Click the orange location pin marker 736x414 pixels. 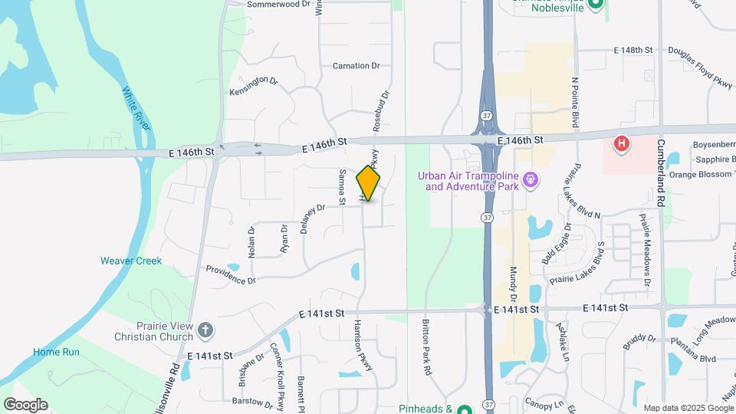pyautogui.click(x=369, y=183)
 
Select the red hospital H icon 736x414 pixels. pyautogui.click(x=623, y=143)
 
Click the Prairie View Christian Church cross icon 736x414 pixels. pyautogui.click(x=205, y=330)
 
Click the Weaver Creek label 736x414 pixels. pyautogui.click(x=131, y=261)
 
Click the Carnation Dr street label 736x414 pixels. pyautogui.click(x=356, y=66)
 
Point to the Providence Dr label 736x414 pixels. pyautogui.click(x=231, y=275)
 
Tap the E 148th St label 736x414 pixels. pyautogui.click(x=632, y=50)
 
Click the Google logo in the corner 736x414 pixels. pyautogui.click(x=25, y=405)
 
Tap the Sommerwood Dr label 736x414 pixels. pyautogui.click(x=278, y=4)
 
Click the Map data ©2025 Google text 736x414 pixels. pyautogui.click(x=688, y=408)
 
